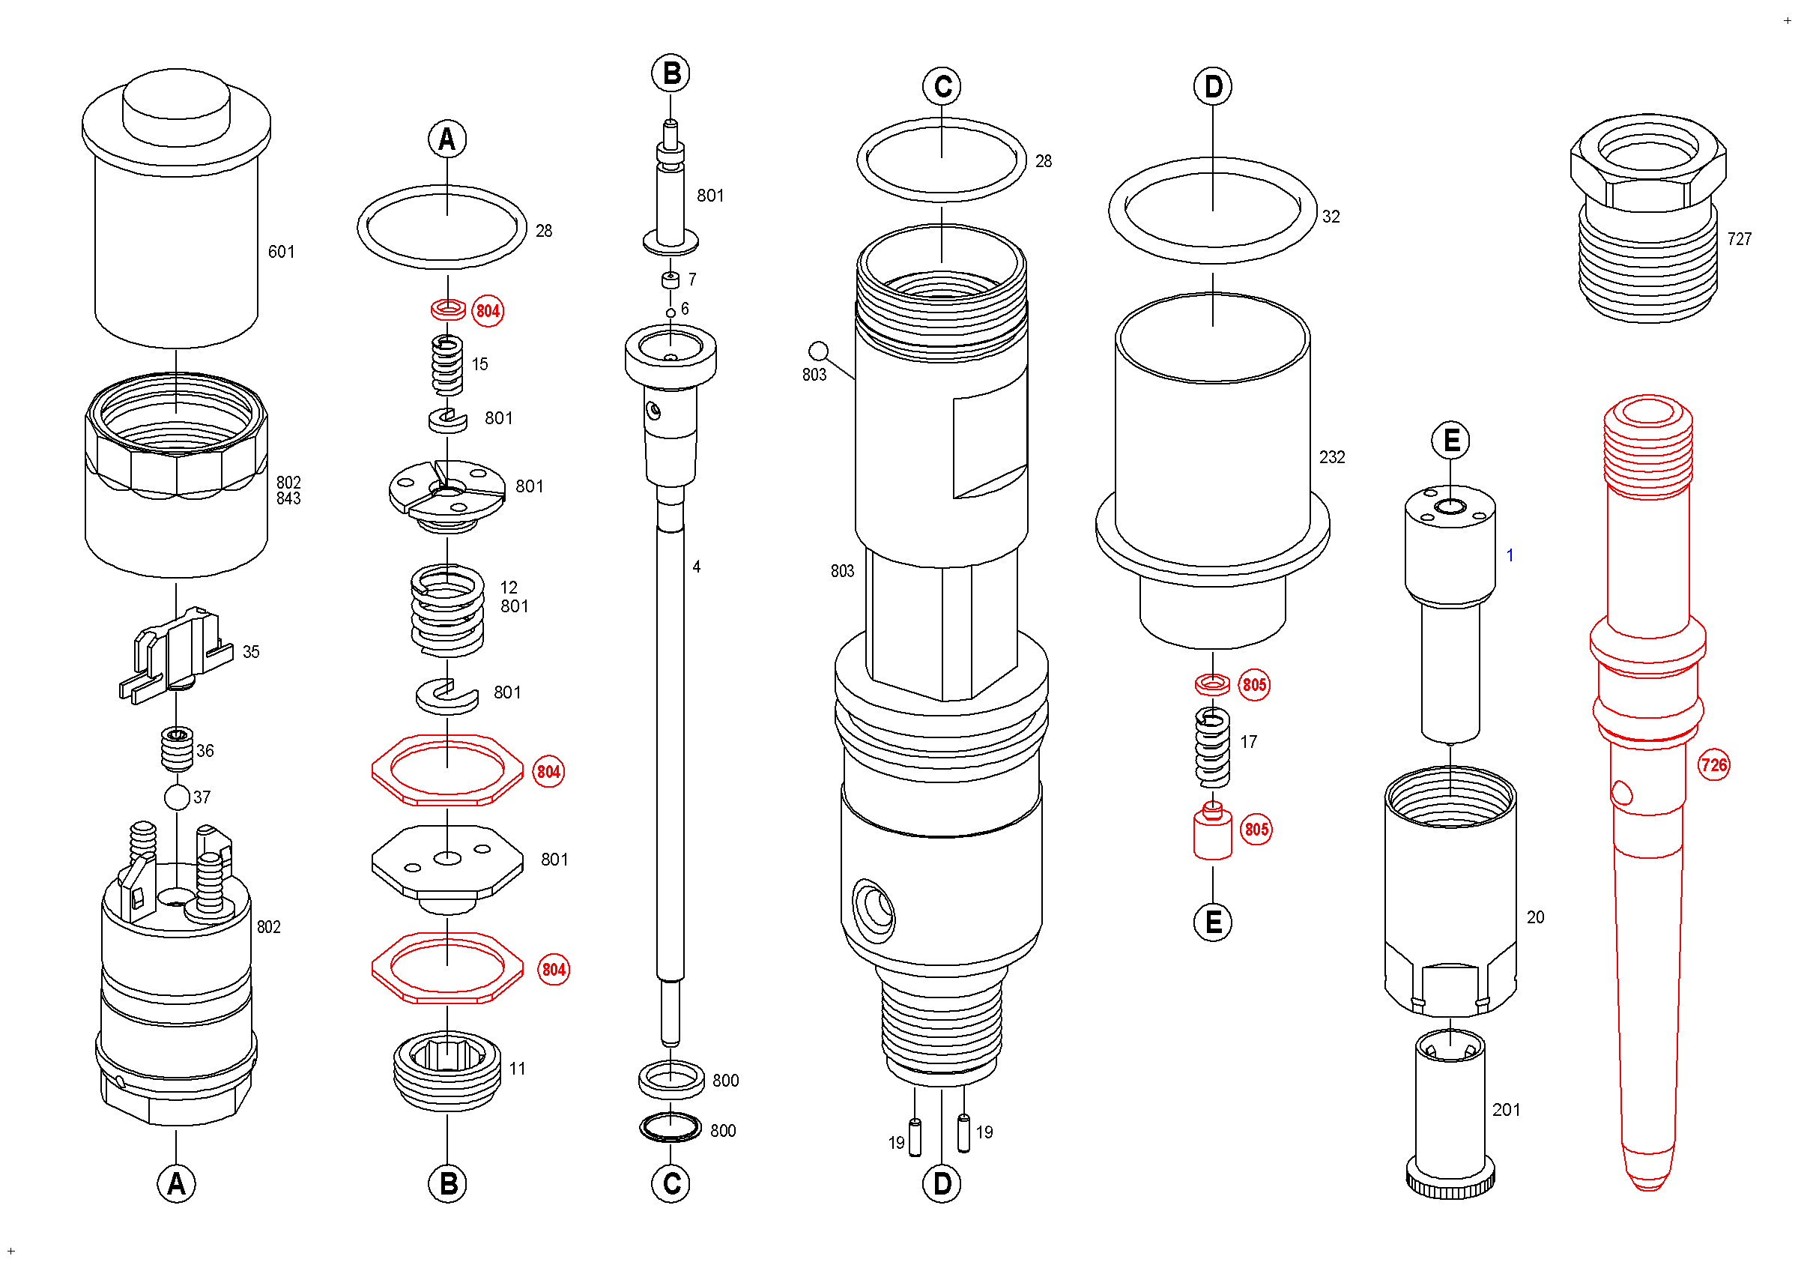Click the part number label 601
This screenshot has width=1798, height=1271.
(x=281, y=252)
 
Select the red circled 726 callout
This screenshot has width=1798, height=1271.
(x=1713, y=765)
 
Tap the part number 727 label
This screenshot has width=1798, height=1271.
(x=1739, y=239)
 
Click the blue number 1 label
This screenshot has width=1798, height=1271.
(x=1509, y=555)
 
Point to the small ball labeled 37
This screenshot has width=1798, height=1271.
(x=177, y=797)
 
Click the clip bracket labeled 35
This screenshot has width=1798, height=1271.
(x=176, y=654)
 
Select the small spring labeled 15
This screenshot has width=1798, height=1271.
(x=447, y=365)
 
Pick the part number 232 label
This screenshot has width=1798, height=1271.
(x=1331, y=457)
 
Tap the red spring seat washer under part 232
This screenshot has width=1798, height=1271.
(x=1212, y=684)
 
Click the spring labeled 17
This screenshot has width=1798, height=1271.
(x=1212, y=747)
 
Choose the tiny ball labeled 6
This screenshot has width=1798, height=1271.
(x=671, y=313)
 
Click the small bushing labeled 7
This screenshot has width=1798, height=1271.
(x=671, y=280)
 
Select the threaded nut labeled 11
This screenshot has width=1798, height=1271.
(x=447, y=1070)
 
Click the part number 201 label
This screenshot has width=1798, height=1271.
(x=1505, y=1110)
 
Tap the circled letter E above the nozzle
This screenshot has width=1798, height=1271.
(x=1450, y=441)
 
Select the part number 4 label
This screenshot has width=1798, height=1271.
(x=696, y=567)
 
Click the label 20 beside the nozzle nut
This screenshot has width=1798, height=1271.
(x=1535, y=917)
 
